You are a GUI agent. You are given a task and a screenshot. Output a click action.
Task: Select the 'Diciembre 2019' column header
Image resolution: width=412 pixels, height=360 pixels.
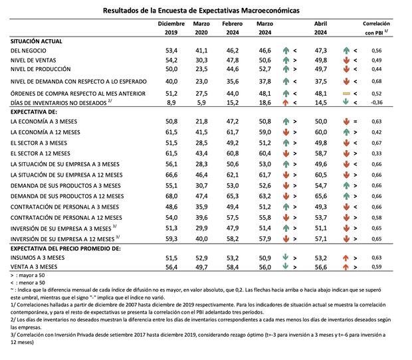(x=171, y=27)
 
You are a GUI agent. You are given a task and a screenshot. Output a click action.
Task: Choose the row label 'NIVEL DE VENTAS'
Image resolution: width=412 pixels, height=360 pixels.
(x=35, y=60)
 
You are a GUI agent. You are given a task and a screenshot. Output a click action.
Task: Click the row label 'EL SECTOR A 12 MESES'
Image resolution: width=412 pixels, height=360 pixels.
(x=43, y=153)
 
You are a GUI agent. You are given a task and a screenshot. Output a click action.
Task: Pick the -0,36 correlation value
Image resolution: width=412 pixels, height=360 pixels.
(x=377, y=102)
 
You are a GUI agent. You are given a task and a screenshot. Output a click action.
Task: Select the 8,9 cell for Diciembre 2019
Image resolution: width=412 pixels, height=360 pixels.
(x=172, y=102)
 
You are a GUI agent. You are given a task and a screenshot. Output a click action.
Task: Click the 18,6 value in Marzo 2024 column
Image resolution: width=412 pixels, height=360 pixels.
(x=266, y=102)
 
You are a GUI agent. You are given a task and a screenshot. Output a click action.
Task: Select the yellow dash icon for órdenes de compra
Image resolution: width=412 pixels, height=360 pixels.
(x=346, y=94)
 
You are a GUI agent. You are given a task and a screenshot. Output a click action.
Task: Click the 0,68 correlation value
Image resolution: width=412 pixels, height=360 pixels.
(x=377, y=81)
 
